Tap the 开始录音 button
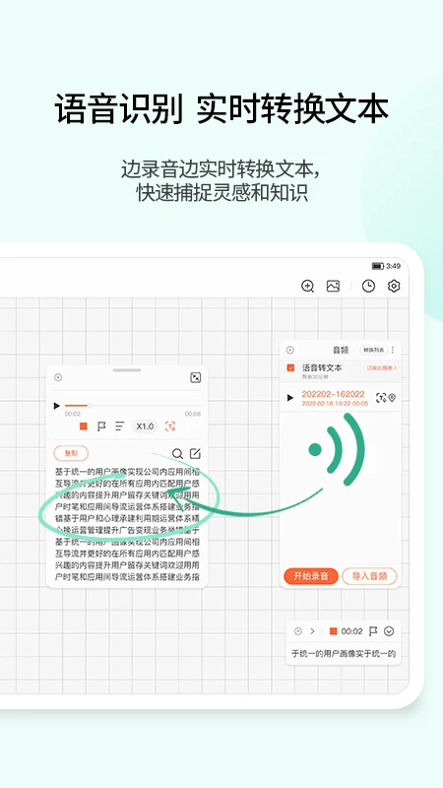click(x=312, y=576)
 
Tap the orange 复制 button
click(x=71, y=453)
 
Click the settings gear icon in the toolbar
click(x=394, y=286)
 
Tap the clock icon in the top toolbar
click(x=368, y=286)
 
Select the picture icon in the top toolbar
click(x=333, y=286)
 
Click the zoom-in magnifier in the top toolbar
click(x=307, y=286)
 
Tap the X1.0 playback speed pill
click(x=145, y=427)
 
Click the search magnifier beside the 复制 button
click(x=178, y=454)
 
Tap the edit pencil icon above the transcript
click(x=195, y=454)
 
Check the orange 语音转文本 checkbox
click(x=290, y=367)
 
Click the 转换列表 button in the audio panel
click(x=373, y=350)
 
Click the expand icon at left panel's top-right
click(x=195, y=377)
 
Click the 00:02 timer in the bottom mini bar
click(x=352, y=631)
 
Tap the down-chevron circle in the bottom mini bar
click(x=389, y=631)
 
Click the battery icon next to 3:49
click(x=377, y=266)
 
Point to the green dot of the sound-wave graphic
click(x=314, y=450)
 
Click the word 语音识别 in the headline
click(x=118, y=108)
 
